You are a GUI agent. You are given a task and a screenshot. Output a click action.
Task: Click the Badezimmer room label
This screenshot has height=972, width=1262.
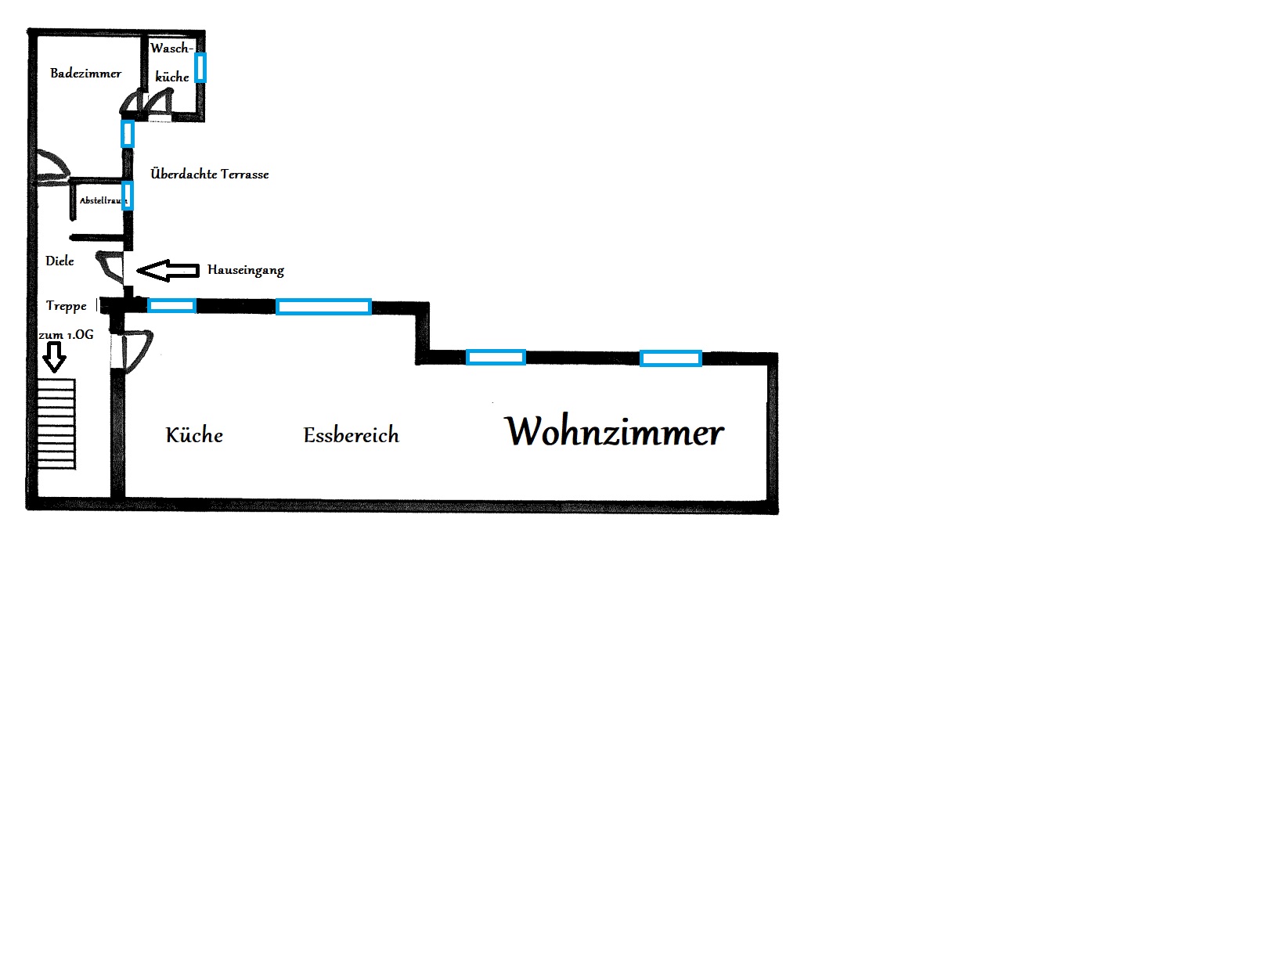[86, 74]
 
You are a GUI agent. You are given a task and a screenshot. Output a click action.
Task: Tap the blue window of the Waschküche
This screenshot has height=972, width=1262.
[200, 68]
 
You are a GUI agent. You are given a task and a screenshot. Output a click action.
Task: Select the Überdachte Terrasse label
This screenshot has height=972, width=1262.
[210, 174]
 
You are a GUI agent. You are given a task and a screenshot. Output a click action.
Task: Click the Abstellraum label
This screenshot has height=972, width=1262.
[103, 201]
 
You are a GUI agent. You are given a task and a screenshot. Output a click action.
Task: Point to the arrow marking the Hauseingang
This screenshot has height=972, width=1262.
[168, 270]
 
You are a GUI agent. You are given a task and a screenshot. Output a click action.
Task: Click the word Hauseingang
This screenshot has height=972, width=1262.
[246, 270]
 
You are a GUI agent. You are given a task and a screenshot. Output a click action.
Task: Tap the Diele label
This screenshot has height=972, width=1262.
[59, 261]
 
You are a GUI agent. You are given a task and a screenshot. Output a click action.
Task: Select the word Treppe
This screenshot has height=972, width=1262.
[66, 306]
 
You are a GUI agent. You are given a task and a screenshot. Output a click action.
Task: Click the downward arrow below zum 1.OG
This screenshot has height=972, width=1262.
[54, 357]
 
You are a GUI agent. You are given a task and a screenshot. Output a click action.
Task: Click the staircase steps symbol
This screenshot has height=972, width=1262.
[56, 424]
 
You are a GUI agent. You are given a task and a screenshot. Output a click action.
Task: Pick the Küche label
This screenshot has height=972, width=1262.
[194, 435]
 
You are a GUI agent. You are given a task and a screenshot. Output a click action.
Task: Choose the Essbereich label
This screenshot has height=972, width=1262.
[352, 435]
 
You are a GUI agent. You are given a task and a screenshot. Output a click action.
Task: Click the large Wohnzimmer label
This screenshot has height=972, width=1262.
[615, 431]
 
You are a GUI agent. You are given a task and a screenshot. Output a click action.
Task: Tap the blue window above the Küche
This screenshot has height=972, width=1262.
[171, 306]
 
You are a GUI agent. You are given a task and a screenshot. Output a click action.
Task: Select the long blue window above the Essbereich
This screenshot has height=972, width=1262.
[323, 307]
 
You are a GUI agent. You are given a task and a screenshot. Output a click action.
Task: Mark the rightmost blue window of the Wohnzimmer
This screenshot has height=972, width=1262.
[671, 358]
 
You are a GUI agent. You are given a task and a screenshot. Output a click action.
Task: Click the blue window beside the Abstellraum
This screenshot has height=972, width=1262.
[128, 196]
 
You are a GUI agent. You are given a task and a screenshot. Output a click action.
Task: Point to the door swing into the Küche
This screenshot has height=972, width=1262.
[136, 351]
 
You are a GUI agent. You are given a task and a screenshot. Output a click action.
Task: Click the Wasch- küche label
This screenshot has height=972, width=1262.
[171, 63]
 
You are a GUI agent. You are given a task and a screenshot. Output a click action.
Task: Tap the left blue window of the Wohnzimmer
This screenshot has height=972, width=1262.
[496, 358]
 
